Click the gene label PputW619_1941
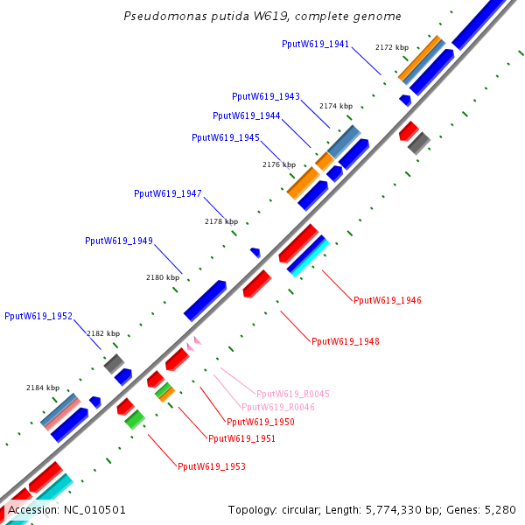[x=315, y=44]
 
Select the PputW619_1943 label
[x=266, y=96]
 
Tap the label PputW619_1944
[x=247, y=115]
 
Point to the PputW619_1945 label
[x=226, y=137]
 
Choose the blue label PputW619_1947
[x=168, y=193]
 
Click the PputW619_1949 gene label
[x=119, y=241]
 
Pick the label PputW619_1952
[x=38, y=316]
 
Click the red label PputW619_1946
[x=388, y=301]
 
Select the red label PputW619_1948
[x=346, y=341]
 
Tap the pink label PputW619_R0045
[x=292, y=395]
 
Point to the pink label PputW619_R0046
[x=278, y=407]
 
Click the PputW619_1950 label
[x=261, y=422]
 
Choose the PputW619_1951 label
[x=241, y=438]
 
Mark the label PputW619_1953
[x=212, y=467]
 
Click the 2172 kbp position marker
[x=392, y=47]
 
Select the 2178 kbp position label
[x=221, y=222]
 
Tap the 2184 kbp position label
[x=43, y=388]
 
